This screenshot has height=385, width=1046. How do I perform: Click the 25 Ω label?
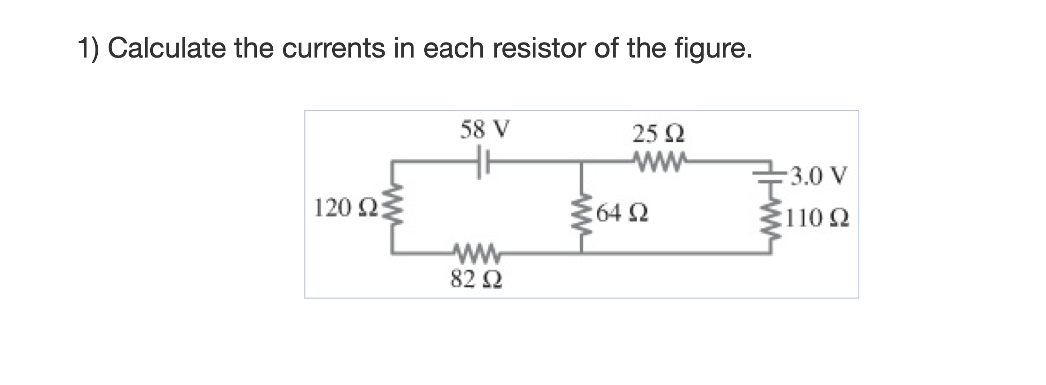pos(659,135)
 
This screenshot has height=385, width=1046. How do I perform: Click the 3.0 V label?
pos(817,177)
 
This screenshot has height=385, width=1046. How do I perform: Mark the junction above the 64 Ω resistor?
pos(581,162)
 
